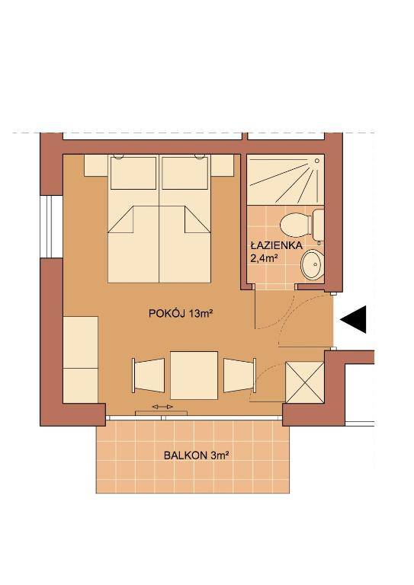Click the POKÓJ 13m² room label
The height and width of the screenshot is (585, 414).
pyautogui.click(x=180, y=313)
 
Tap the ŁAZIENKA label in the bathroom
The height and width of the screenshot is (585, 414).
pyautogui.click(x=276, y=245)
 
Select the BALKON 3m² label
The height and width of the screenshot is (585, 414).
pyautogui.click(x=196, y=456)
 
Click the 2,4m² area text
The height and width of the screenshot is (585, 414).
pyautogui.click(x=265, y=258)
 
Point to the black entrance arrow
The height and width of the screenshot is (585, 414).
pyautogui.click(x=353, y=319)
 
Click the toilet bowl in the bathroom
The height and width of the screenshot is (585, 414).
pyautogui.click(x=295, y=224)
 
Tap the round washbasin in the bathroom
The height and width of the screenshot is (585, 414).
pyautogui.click(x=312, y=264)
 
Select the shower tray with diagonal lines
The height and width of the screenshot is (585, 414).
pyautogui.click(x=286, y=181)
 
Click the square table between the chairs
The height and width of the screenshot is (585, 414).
pyautogui.click(x=194, y=376)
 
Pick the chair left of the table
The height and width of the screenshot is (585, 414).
pyautogui.click(x=148, y=376)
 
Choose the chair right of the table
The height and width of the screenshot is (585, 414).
pyautogui.click(x=239, y=376)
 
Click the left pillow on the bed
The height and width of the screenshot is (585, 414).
pyautogui.click(x=133, y=173)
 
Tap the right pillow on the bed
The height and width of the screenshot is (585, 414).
pyautogui.click(x=185, y=173)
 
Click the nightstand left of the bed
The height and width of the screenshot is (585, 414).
pyautogui.click(x=96, y=165)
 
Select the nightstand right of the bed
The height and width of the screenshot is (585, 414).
pyautogui.click(x=222, y=165)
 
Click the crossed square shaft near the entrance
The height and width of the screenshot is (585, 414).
pyautogui.click(x=305, y=382)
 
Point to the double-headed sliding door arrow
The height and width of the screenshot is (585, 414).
pyautogui.click(x=162, y=406)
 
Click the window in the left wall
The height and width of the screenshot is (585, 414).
pyautogui.click(x=51, y=226)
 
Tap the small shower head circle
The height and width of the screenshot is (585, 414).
pyautogui.click(x=317, y=161)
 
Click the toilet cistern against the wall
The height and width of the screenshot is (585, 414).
pyautogui.click(x=318, y=225)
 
